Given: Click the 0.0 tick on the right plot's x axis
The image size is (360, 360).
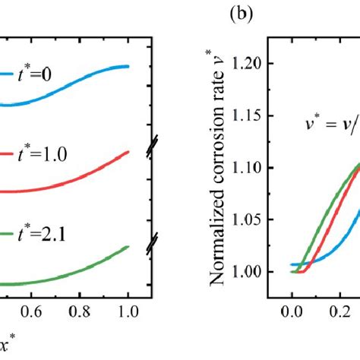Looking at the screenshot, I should [291, 311].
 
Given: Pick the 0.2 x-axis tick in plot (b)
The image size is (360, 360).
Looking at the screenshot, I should [339, 311].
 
